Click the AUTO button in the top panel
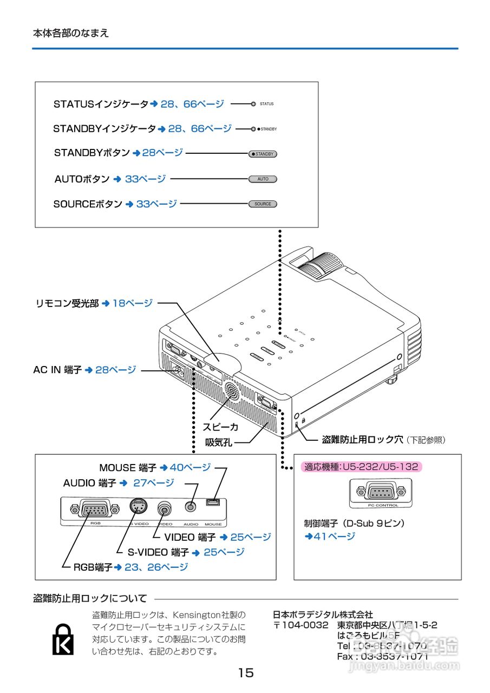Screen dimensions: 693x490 pyautogui.click(x=263, y=179)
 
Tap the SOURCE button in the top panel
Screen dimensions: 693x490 pyautogui.click(x=263, y=204)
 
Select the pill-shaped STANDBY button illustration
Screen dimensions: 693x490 pyautogui.click(x=263, y=154)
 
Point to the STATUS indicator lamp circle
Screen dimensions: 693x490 pyautogui.click(x=253, y=103)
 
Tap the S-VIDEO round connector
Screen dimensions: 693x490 pyautogui.click(x=139, y=508)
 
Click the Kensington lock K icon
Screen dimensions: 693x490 pyautogui.click(x=63, y=639)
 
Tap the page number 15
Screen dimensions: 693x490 pyautogui.click(x=245, y=673)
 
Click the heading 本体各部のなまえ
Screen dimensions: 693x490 pyautogui.click(x=70, y=33)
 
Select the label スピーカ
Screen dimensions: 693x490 pyautogui.click(x=220, y=427)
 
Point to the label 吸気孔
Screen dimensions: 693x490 pyautogui.click(x=219, y=442)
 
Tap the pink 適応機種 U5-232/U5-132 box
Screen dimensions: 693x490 pyautogui.click(x=361, y=467)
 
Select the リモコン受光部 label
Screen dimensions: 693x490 pyautogui.click(x=67, y=304)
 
